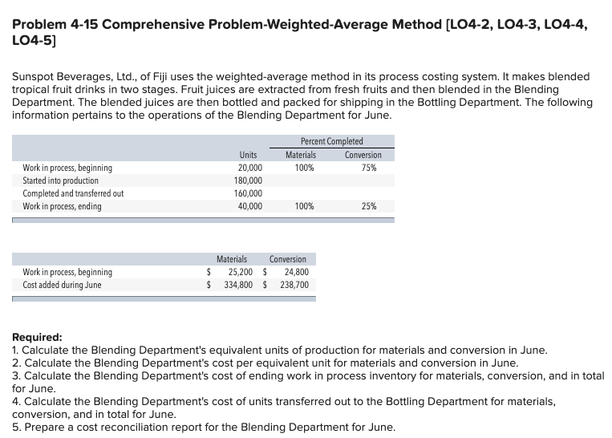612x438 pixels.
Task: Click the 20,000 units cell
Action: click(x=249, y=168)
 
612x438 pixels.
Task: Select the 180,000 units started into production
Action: click(x=248, y=180)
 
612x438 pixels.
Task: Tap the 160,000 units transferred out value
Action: click(x=248, y=193)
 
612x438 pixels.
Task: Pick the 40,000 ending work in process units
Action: click(x=249, y=206)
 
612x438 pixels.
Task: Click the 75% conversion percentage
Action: click(x=368, y=168)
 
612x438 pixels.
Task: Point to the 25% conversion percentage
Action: click(x=368, y=206)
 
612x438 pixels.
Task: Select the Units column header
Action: click(x=248, y=155)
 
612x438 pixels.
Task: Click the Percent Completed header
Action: click(x=332, y=141)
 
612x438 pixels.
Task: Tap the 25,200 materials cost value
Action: click(x=237, y=272)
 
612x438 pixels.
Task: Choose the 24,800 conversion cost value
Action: click(x=296, y=272)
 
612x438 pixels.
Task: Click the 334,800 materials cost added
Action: click(x=235, y=285)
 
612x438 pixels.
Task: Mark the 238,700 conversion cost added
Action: click(x=294, y=285)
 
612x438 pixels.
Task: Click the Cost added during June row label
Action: click(x=62, y=285)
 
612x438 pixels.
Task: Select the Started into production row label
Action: click(x=60, y=180)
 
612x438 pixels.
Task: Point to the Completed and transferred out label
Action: click(x=73, y=193)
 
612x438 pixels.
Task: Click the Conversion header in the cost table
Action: click(x=287, y=259)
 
